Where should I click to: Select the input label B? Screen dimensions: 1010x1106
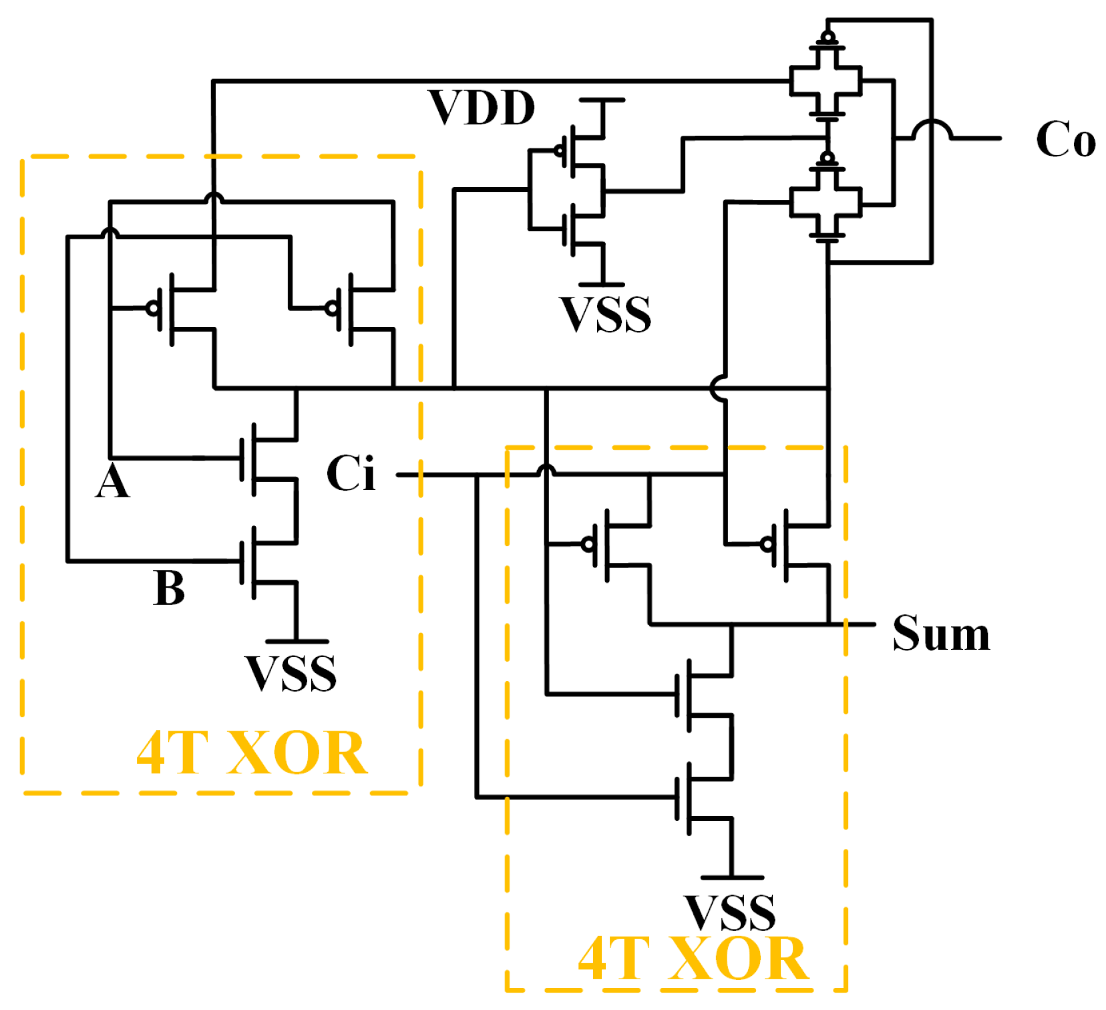(x=168, y=588)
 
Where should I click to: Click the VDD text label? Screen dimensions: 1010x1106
(x=481, y=108)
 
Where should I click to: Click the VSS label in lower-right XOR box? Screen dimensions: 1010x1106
(x=729, y=912)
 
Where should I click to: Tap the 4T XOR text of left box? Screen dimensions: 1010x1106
(x=252, y=753)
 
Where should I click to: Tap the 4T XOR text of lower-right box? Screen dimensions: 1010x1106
(x=693, y=959)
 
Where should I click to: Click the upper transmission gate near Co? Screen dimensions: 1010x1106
(x=826, y=81)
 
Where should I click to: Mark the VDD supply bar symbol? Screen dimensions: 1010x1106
(x=602, y=100)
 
